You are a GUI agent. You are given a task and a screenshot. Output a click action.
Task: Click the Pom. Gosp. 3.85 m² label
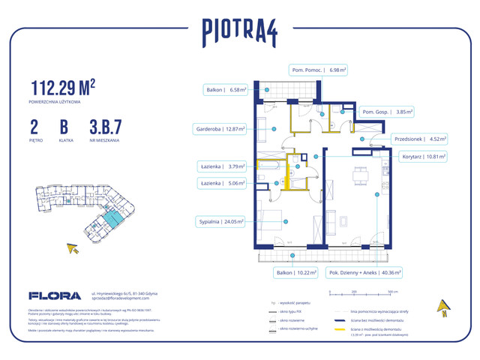pyautogui.click(x=388, y=111)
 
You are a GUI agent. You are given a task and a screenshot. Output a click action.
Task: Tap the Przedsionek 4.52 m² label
pyautogui.click(x=421, y=138)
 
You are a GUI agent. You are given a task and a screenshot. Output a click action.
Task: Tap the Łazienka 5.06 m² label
pyautogui.click(x=223, y=182)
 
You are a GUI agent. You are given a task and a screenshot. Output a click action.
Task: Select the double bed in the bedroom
pyautogui.click(x=275, y=220)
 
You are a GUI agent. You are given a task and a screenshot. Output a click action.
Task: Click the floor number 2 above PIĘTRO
pyautogui.click(x=35, y=124)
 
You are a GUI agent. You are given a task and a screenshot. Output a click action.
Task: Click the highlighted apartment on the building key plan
pyautogui.click(x=110, y=218)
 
